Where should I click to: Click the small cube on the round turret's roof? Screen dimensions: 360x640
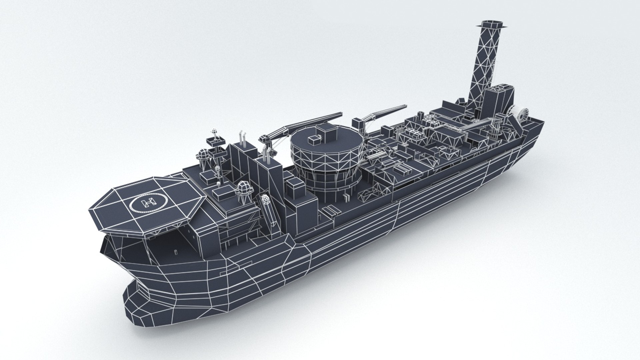coord(314,140)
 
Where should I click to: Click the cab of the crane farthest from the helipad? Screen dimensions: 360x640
coord(357,123)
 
